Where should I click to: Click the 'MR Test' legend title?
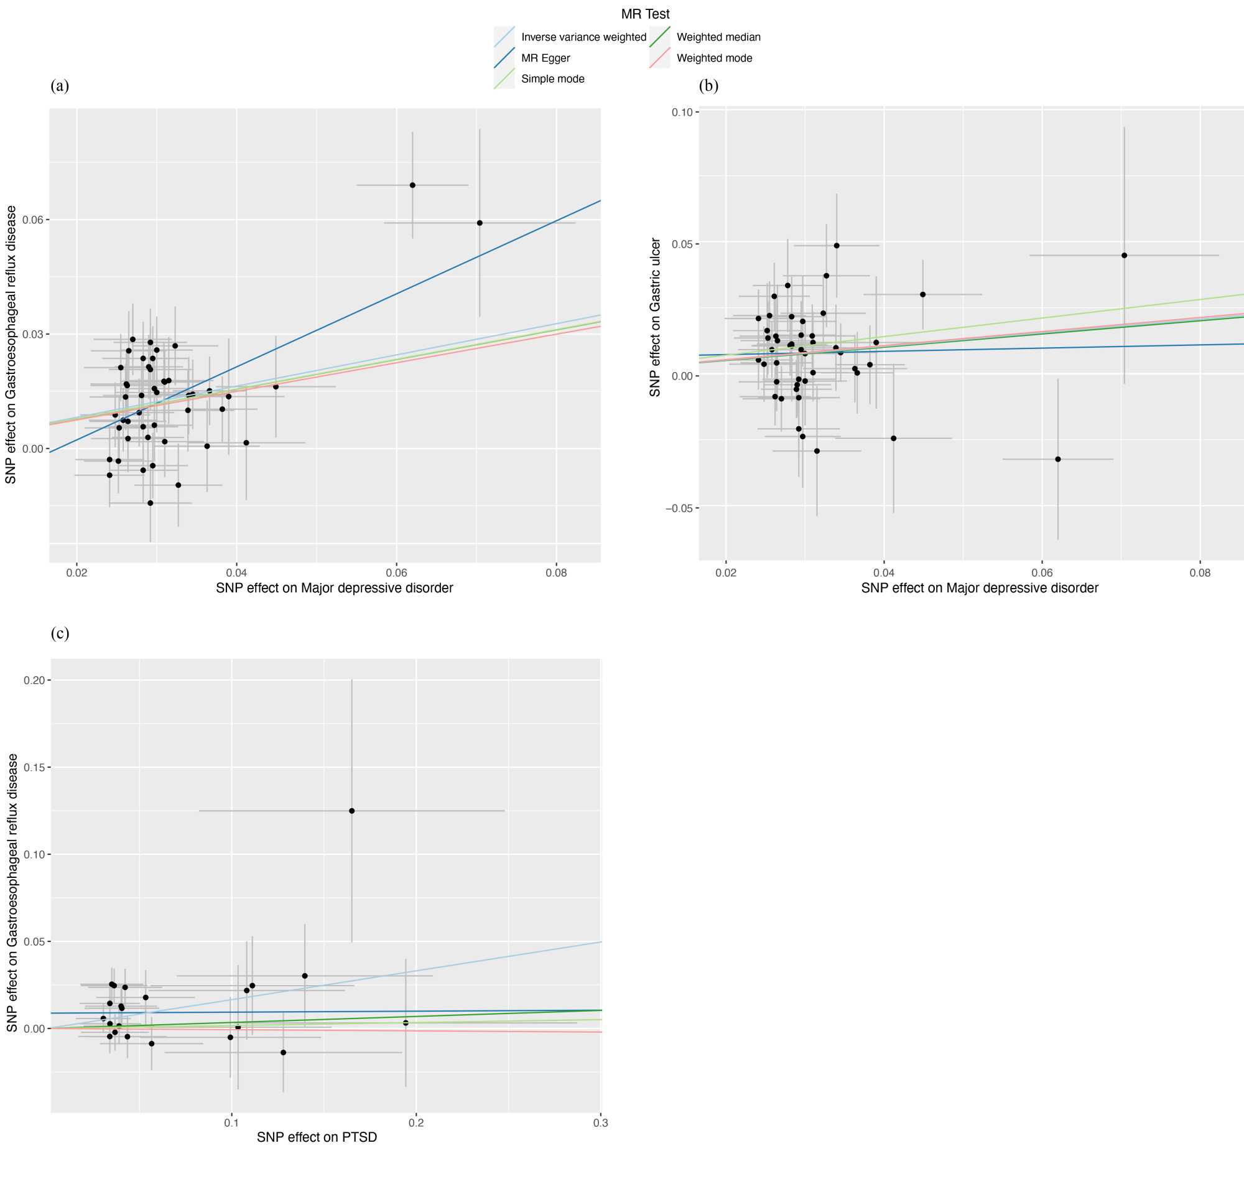coord(644,14)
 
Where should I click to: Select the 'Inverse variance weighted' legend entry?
coord(583,37)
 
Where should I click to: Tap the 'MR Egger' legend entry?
coord(545,58)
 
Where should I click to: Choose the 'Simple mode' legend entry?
coord(552,78)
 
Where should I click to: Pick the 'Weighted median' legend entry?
coord(718,37)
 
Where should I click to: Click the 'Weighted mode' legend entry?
coord(713,58)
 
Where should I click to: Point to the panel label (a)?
coord(60,86)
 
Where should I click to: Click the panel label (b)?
coord(708,86)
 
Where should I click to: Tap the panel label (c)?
coord(60,633)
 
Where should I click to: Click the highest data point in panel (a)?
coord(412,185)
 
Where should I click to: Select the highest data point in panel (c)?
coord(351,811)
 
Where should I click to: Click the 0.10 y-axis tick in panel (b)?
coord(682,112)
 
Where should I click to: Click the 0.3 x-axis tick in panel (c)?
coord(600,1123)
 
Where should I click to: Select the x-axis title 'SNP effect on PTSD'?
coord(317,1137)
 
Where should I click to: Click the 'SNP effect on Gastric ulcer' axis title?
coord(655,317)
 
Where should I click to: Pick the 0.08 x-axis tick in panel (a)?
coord(556,573)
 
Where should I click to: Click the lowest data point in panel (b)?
coord(1057,459)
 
